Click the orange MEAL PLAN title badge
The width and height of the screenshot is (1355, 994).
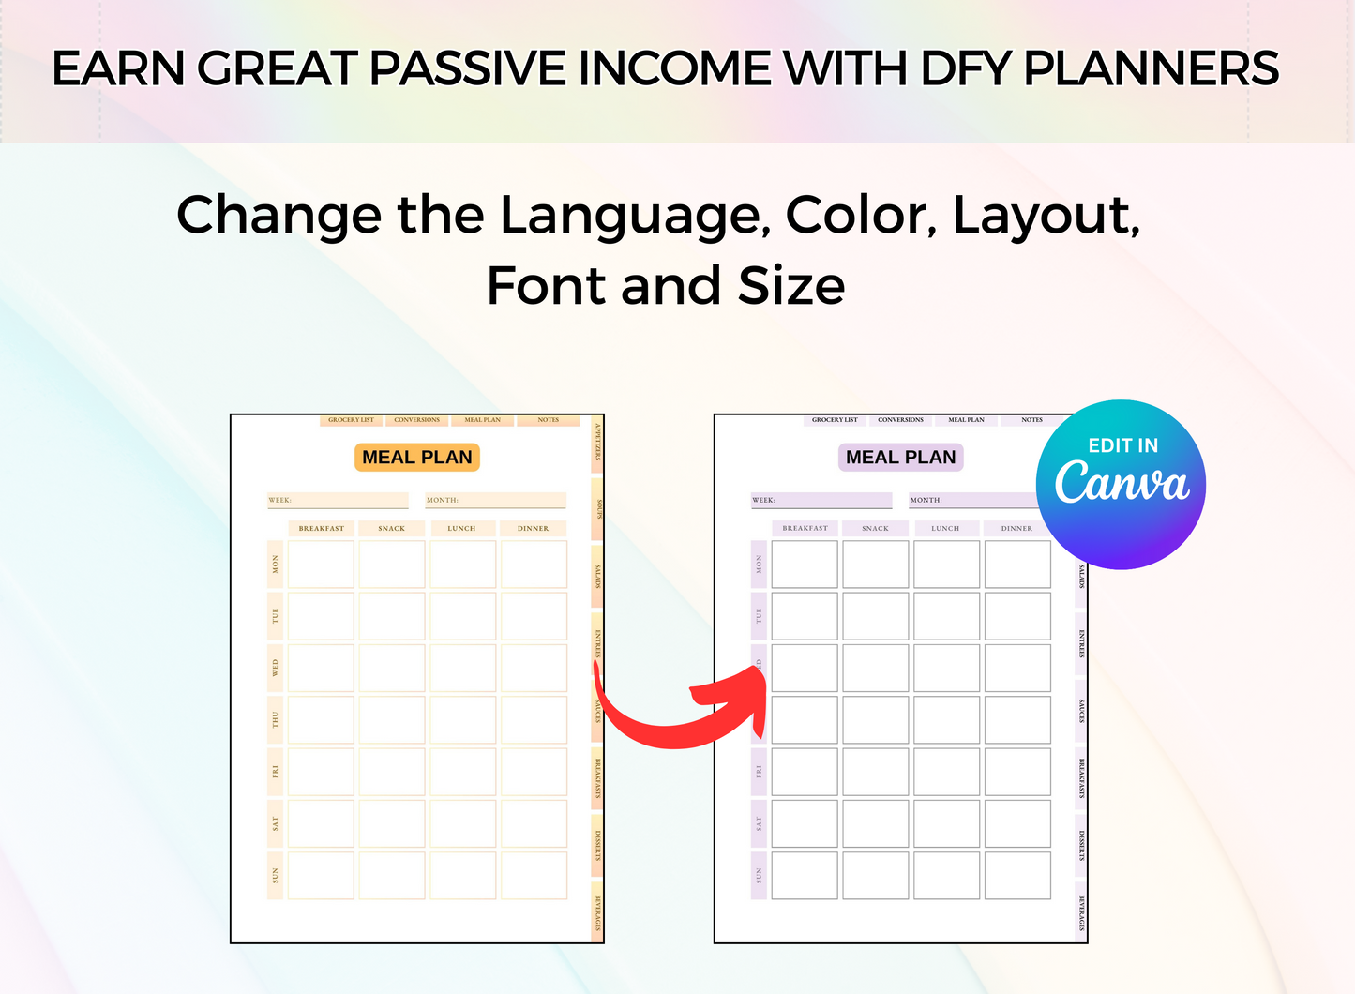click(417, 458)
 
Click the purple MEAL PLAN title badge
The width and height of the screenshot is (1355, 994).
click(900, 458)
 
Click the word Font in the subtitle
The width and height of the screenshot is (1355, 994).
click(546, 286)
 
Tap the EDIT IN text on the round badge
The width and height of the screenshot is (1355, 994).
click(1122, 445)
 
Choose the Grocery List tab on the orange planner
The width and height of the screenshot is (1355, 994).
click(351, 420)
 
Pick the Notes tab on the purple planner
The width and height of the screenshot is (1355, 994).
click(1031, 420)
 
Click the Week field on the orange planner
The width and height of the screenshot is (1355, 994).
click(338, 500)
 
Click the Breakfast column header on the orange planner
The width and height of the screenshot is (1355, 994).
click(321, 528)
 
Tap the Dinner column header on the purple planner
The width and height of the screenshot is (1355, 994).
click(1016, 528)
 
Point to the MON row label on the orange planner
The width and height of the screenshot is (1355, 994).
click(275, 565)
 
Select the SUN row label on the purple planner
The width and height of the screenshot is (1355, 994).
click(759, 876)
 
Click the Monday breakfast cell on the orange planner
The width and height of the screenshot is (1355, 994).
click(321, 565)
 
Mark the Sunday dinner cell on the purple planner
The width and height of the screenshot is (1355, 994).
click(1017, 876)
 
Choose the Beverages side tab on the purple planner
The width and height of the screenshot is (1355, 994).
click(1081, 911)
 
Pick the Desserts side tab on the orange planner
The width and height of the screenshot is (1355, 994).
click(597, 845)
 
